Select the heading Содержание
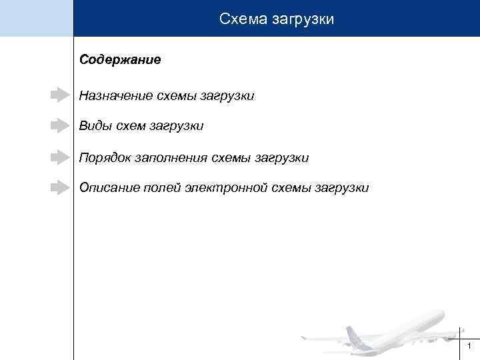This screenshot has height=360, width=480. point(120,60)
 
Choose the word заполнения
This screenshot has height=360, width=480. point(171,158)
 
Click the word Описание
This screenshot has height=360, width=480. point(108,188)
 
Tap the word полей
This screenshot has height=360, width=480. point(162,188)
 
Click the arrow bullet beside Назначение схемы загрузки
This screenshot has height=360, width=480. point(60,95)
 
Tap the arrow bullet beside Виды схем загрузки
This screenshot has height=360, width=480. point(60,125)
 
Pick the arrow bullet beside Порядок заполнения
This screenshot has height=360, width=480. point(60,157)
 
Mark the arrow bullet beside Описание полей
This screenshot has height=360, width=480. point(60,187)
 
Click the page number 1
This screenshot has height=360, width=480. point(470,346)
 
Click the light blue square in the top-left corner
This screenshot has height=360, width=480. point(36,18)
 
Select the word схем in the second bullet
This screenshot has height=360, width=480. point(131,125)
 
